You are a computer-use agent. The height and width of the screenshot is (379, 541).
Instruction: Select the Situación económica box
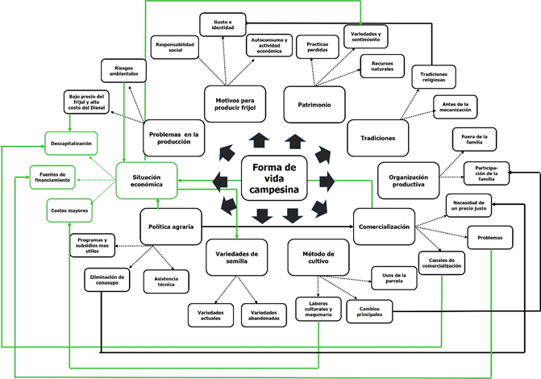(146, 179)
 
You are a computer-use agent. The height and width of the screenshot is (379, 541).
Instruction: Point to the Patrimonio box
(314, 104)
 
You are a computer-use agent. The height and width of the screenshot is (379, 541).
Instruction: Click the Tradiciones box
(377, 138)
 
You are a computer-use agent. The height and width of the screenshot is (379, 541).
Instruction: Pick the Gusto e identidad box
(223, 24)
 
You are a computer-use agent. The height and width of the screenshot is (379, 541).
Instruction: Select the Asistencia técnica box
(165, 281)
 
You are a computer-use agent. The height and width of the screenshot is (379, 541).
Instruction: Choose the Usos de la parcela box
(393, 277)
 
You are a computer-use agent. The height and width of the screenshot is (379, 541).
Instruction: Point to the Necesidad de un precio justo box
(468, 206)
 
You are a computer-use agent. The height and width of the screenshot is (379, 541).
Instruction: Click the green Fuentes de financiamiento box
(54, 174)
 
